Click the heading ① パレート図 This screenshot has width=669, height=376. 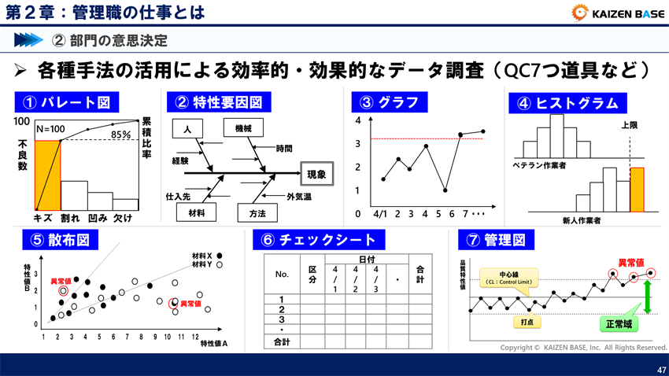66,102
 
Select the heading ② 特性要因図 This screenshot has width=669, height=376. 218,102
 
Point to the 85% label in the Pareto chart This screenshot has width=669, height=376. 120,135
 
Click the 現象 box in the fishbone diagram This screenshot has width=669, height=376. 316,174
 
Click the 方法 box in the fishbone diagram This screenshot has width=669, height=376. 257,213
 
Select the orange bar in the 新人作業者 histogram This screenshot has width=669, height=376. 637,190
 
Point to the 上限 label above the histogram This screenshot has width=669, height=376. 630,125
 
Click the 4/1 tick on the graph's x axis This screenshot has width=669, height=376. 382,213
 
